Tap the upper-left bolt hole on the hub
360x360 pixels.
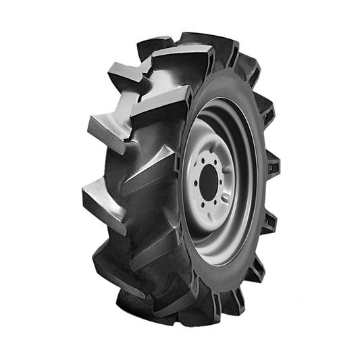(202, 161)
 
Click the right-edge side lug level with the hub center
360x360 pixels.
(272, 165)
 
